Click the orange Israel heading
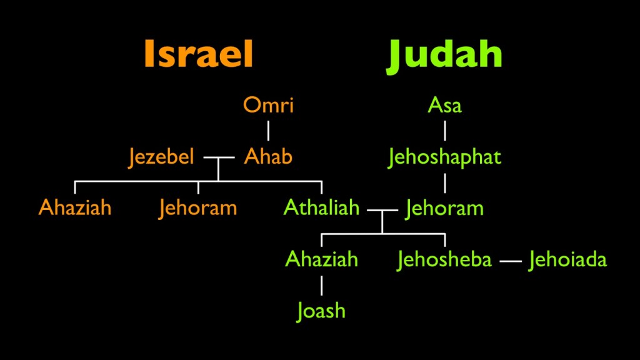tap(199, 54)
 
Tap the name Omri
tap(268, 105)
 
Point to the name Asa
tap(444, 105)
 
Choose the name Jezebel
tap(161, 157)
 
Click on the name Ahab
tap(268, 156)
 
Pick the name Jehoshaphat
tap(444, 157)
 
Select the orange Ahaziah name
tap(75, 207)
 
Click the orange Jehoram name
tap(198, 207)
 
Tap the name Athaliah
tap(322, 207)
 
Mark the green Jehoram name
tap(444, 209)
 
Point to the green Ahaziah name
tap(322, 259)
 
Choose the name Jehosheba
tap(444, 259)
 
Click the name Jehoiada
tap(567, 259)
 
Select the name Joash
tap(321, 311)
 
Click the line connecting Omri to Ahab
tap(268, 131)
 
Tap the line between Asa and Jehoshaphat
tap(445, 131)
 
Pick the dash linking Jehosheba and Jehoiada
tap(511, 261)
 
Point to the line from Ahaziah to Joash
tap(322, 285)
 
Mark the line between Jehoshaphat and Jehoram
tap(445, 183)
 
